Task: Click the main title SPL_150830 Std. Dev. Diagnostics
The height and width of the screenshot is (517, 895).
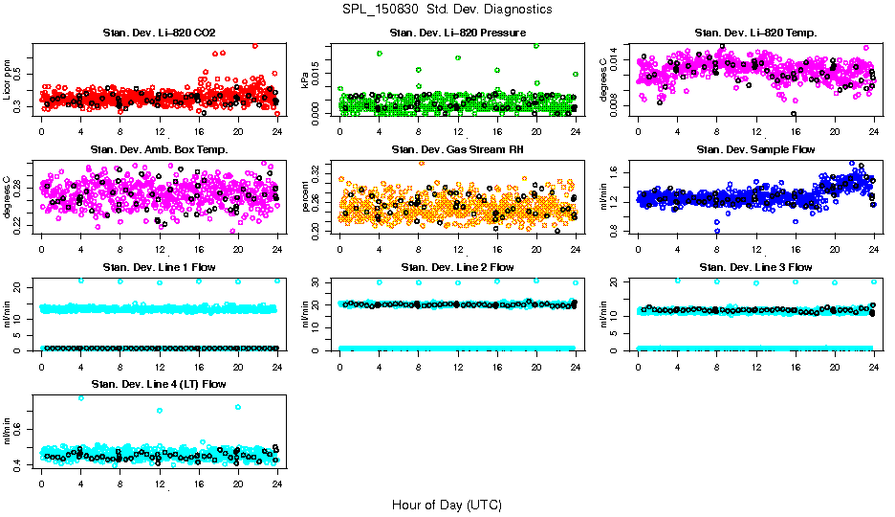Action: click(x=447, y=10)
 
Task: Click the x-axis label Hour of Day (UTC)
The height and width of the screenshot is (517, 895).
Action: click(x=447, y=505)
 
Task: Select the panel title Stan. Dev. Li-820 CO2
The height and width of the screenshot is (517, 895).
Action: click(x=159, y=34)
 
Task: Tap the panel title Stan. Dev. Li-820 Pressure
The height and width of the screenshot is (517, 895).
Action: click(x=457, y=34)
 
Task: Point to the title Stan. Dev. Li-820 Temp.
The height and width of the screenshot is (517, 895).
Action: click(x=755, y=34)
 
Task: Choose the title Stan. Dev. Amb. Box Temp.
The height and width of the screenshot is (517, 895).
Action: click(x=159, y=149)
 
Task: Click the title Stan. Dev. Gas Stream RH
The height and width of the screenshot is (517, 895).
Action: click(x=457, y=149)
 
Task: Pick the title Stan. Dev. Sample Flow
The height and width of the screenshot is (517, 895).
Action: click(x=755, y=149)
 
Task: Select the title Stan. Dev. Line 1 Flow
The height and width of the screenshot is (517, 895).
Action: click(x=159, y=267)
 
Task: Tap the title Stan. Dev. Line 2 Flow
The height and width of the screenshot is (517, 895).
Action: click(x=457, y=267)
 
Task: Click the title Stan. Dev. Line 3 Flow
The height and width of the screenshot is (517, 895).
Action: click(x=755, y=267)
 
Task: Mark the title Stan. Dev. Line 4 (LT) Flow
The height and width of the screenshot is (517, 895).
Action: click(x=159, y=384)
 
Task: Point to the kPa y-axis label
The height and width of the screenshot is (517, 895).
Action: click(x=306, y=82)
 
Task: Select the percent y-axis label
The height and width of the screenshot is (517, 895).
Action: click(x=306, y=197)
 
